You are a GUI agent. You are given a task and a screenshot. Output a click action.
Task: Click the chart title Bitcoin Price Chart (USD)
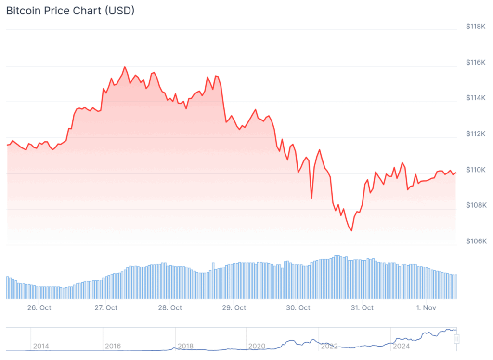pos(70,11)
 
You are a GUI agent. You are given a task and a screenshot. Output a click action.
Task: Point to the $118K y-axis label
pos(476,27)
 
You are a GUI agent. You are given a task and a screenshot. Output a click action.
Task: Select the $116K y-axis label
pos(476,62)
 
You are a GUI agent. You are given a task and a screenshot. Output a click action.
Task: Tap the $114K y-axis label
pos(476,98)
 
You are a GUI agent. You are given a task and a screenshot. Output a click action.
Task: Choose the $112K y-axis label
pos(476,133)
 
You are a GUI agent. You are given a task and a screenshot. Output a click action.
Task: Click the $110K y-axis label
pos(476,170)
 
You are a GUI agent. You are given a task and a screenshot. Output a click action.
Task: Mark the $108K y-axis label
pos(476,205)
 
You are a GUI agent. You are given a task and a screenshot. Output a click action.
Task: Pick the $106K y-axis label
pos(476,241)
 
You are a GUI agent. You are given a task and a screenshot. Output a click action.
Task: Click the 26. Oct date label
pos(39,307)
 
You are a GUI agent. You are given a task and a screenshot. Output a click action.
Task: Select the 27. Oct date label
pos(106,307)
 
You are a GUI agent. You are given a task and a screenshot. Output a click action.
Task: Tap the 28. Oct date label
pos(170,307)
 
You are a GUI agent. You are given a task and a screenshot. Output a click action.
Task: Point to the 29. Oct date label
pos(234,307)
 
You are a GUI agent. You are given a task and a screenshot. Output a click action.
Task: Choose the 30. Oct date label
pos(298,307)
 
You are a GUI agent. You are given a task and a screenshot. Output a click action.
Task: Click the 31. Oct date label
pos(362,307)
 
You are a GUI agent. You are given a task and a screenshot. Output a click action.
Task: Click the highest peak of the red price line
pos(125,67)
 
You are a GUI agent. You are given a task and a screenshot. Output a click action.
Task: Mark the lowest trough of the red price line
pos(351,231)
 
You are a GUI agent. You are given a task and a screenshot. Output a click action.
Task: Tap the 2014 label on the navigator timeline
pos(41,346)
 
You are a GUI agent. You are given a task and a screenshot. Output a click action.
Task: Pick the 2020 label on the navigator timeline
pos(257,346)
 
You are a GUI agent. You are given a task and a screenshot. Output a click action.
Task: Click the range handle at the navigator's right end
pos(457,339)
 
